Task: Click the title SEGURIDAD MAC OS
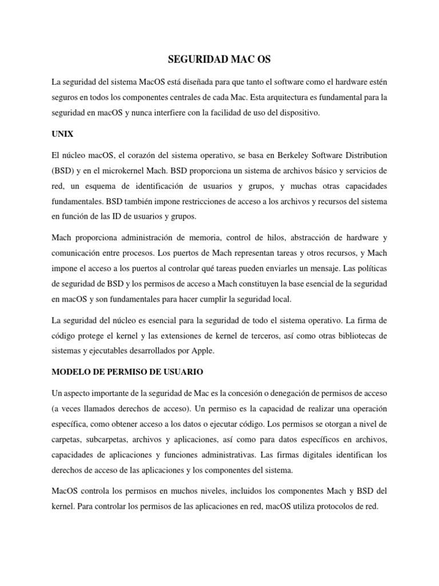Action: [219, 60]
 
